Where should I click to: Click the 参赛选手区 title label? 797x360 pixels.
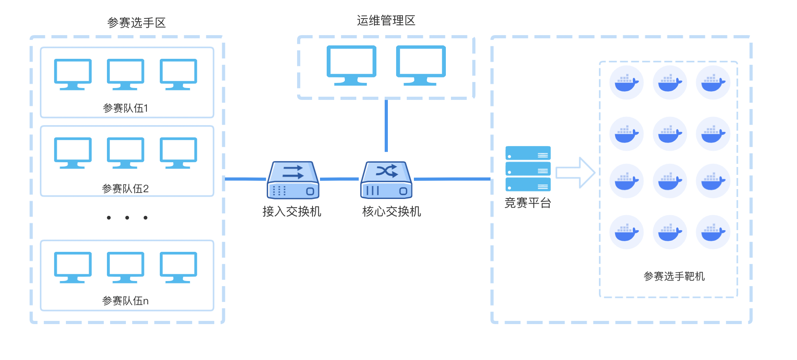click(137, 23)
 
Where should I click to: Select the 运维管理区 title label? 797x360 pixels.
click(386, 21)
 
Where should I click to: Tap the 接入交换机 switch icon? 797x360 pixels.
click(293, 180)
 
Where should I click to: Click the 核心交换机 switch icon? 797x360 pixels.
click(386, 180)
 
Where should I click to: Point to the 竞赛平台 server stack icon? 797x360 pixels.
click(528, 169)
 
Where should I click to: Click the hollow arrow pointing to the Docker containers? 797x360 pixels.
click(575, 172)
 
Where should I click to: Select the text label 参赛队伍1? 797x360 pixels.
click(125, 108)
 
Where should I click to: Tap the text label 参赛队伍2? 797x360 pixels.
click(125, 189)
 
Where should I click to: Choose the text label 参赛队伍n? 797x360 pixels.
click(125, 301)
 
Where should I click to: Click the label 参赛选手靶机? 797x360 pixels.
click(674, 276)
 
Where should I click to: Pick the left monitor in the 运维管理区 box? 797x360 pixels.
click(351, 65)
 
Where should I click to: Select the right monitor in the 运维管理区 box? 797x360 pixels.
click(421, 65)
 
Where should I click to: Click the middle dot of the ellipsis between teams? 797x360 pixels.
click(127, 218)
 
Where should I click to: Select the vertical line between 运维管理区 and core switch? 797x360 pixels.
click(386, 126)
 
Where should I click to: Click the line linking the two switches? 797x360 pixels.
click(339, 179)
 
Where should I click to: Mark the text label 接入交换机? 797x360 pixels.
click(292, 212)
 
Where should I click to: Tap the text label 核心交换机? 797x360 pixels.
click(391, 212)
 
